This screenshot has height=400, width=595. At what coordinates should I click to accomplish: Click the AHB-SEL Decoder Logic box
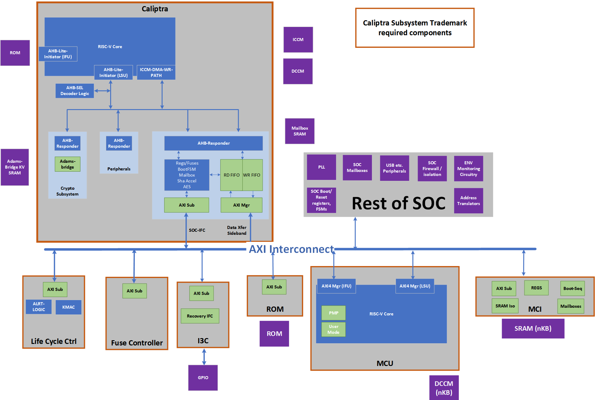pos(75,91)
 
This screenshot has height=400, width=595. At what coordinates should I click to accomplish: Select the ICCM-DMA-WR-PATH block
pos(156,73)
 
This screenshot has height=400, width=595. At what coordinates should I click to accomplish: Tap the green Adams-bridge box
pos(68,164)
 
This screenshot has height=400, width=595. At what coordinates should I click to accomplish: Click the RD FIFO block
pos(231,175)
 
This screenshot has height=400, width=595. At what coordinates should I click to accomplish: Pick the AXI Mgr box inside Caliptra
pos(241,205)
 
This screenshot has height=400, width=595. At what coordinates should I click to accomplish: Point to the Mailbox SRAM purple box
pos(299,131)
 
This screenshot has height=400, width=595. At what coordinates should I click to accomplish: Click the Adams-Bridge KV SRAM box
pos(15,167)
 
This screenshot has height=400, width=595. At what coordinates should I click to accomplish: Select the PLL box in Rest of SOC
pos(321,167)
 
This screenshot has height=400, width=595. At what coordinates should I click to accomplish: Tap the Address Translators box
pos(468,201)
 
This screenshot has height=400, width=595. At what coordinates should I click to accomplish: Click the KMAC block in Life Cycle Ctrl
pos(68,307)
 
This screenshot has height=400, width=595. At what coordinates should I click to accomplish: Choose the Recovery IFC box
pos(200,316)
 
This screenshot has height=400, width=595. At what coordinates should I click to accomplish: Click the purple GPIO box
pos(203,378)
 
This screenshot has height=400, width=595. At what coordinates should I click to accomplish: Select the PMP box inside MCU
pos(334,313)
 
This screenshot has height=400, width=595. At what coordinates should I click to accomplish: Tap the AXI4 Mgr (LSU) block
pos(415,286)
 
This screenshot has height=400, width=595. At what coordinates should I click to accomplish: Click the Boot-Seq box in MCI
pos(572,288)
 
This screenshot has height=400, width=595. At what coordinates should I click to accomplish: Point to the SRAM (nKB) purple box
pos(533,329)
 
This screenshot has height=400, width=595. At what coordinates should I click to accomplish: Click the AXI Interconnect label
pos(291,249)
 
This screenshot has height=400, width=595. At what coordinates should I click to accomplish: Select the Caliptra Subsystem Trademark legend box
pos(415,28)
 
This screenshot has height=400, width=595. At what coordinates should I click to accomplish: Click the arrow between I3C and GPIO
pos(204,356)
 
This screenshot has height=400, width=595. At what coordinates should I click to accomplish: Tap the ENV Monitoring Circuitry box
pos(468,169)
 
